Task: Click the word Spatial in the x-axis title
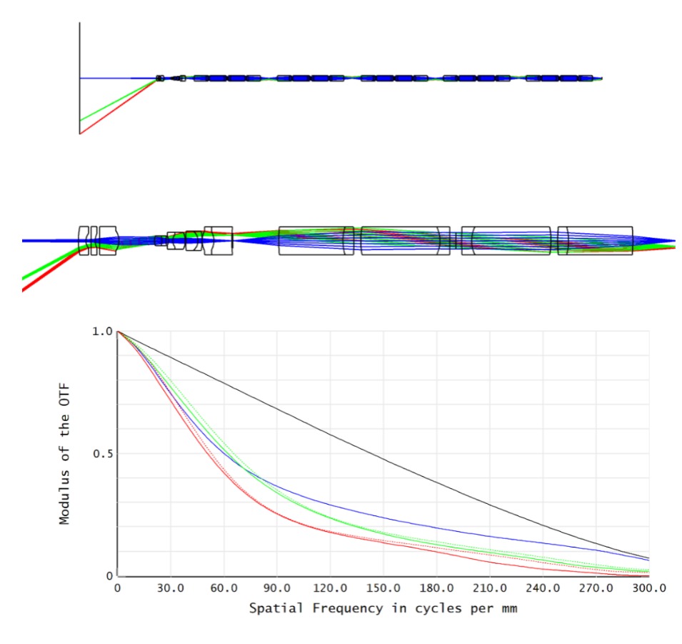(272, 610)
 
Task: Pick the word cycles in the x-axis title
(413, 610)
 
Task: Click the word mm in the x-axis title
(507, 610)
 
